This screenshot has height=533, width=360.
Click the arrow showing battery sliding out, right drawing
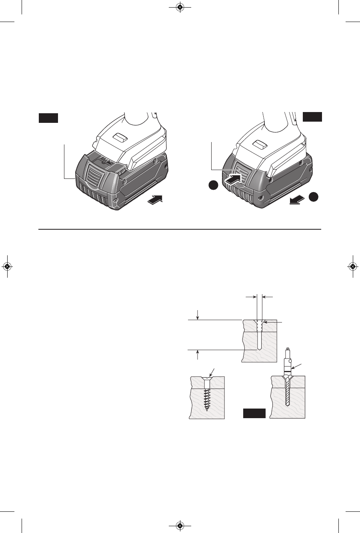(296, 201)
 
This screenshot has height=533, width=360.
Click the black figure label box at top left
(48, 118)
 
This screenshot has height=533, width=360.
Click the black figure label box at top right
(312, 116)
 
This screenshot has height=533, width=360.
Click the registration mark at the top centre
(180, 7)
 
